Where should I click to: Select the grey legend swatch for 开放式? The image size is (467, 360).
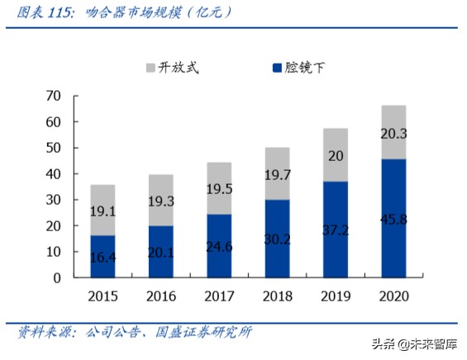click(x=150, y=67)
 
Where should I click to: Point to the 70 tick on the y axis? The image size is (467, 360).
click(x=54, y=97)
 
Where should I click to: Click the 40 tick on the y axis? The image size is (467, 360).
click(x=54, y=174)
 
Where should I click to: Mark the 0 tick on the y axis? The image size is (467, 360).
click(x=57, y=278)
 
